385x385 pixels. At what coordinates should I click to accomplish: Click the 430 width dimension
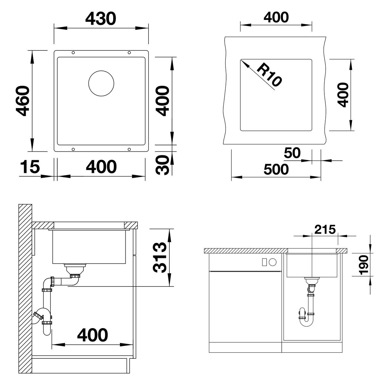pos(100,19)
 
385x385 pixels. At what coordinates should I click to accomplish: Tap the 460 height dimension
pos(23,101)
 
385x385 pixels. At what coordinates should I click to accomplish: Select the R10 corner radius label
pos(269,75)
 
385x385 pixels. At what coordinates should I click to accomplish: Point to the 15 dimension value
pos(30,167)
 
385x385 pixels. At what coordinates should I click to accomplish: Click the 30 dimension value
pos(162,165)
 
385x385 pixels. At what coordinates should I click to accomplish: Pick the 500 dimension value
pos(276,169)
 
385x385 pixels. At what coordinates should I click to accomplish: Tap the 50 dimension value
pos(292,153)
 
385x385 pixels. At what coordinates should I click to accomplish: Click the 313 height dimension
pos(159,258)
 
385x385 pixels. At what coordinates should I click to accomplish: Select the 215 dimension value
pos(325,230)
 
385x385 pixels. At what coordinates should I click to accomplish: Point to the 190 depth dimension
pos(364,265)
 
